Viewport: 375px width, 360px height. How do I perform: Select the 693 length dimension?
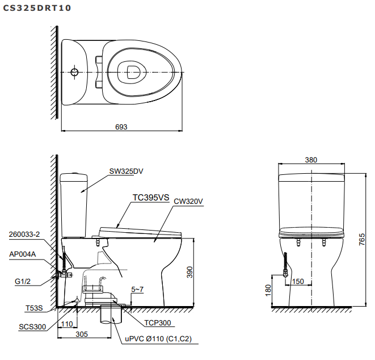121,127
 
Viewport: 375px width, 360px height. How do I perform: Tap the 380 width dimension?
311,160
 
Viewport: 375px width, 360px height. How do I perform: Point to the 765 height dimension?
361,241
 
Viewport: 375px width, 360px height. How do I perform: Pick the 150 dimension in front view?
299,281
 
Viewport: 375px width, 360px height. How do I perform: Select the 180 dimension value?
268,290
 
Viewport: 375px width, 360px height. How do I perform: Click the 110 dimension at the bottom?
68,324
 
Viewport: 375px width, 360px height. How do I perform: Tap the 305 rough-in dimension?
82,334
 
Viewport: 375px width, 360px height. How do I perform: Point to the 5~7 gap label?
137,290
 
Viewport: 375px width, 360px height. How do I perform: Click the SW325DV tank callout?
127,171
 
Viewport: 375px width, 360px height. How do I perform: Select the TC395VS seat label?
151,198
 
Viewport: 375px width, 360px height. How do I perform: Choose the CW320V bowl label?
188,201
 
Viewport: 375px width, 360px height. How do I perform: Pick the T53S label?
34,308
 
